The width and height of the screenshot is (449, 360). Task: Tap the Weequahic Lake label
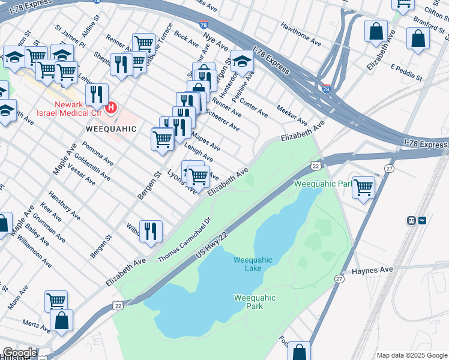(253, 264)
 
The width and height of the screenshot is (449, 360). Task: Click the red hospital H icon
(111, 108)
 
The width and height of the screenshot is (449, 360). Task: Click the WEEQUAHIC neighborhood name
(111, 129)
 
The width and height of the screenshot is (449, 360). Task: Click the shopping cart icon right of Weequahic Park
(363, 187)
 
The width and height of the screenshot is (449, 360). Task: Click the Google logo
(20, 353)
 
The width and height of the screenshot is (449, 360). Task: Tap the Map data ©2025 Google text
(411, 355)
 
